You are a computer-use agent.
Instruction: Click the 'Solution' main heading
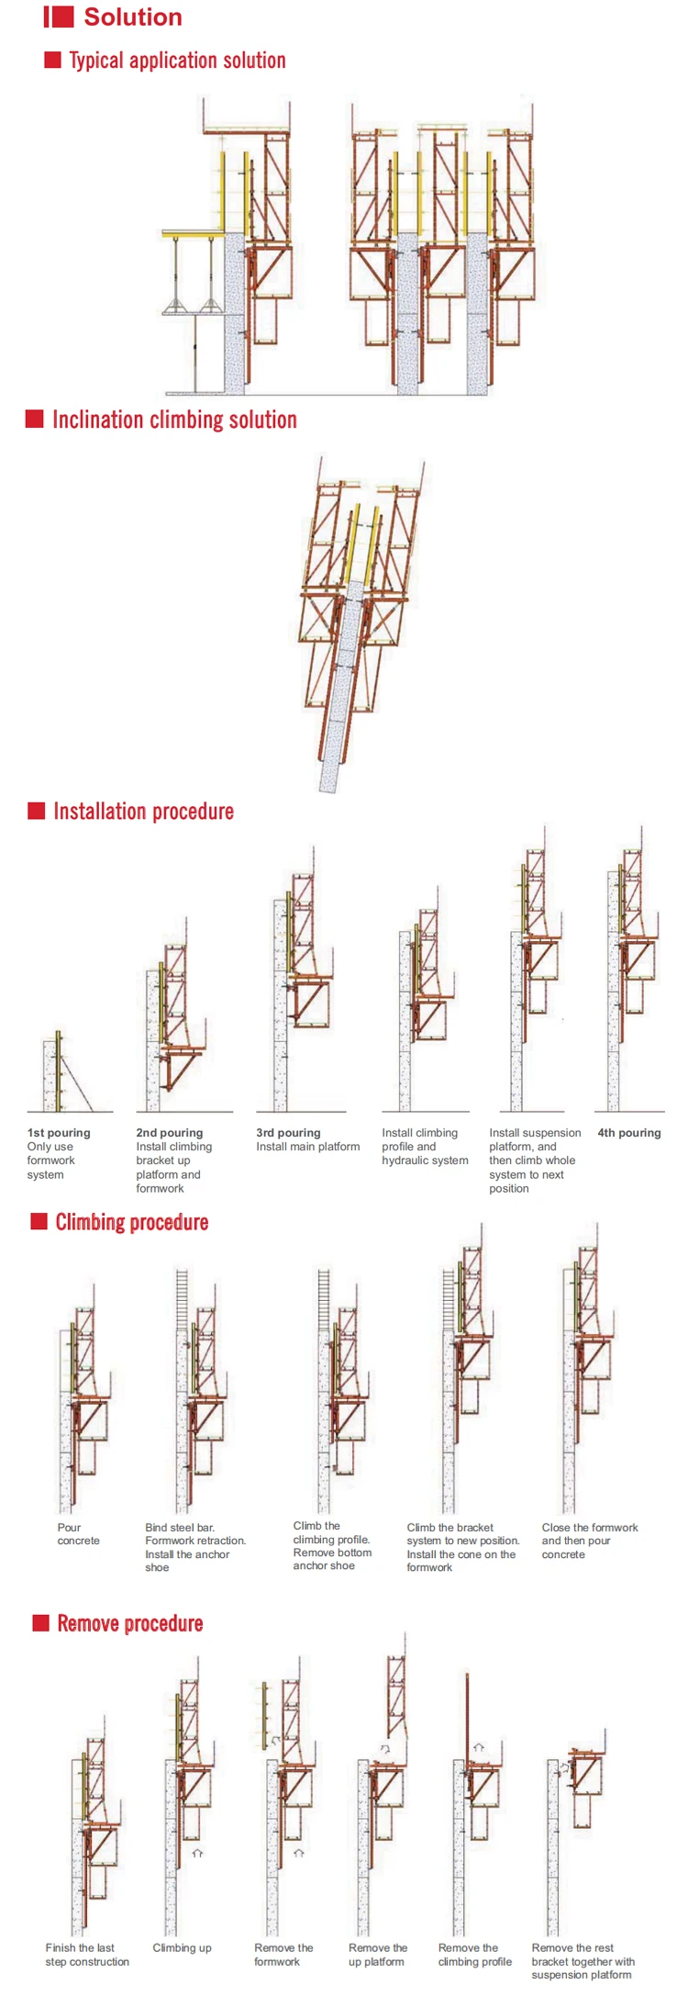[x=132, y=17]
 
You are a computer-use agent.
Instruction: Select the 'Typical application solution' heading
[x=177, y=61]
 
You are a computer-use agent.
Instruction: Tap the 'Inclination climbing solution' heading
[x=174, y=420]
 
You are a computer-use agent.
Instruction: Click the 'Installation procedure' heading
[x=143, y=812]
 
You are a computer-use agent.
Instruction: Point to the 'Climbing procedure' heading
[x=131, y=1222]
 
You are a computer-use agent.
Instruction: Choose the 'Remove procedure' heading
[x=129, y=1623]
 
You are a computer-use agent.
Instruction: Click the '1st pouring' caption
[x=59, y=1133]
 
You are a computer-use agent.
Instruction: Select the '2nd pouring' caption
[x=170, y=1133]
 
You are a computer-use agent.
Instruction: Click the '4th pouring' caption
[x=628, y=1133]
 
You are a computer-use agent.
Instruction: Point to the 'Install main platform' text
[x=307, y=1147]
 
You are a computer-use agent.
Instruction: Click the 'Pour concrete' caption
[x=78, y=1534]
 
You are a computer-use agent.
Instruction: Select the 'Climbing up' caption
[x=182, y=1947]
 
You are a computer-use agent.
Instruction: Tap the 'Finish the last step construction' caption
[x=87, y=1954]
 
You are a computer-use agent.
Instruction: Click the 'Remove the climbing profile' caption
[x=474, y=1954]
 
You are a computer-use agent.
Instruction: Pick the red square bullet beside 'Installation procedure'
[x=37, y=811]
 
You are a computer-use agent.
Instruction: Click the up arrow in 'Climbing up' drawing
[x=197, y=1853]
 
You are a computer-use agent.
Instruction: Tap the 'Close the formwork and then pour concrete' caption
[x=589, y=1541]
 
